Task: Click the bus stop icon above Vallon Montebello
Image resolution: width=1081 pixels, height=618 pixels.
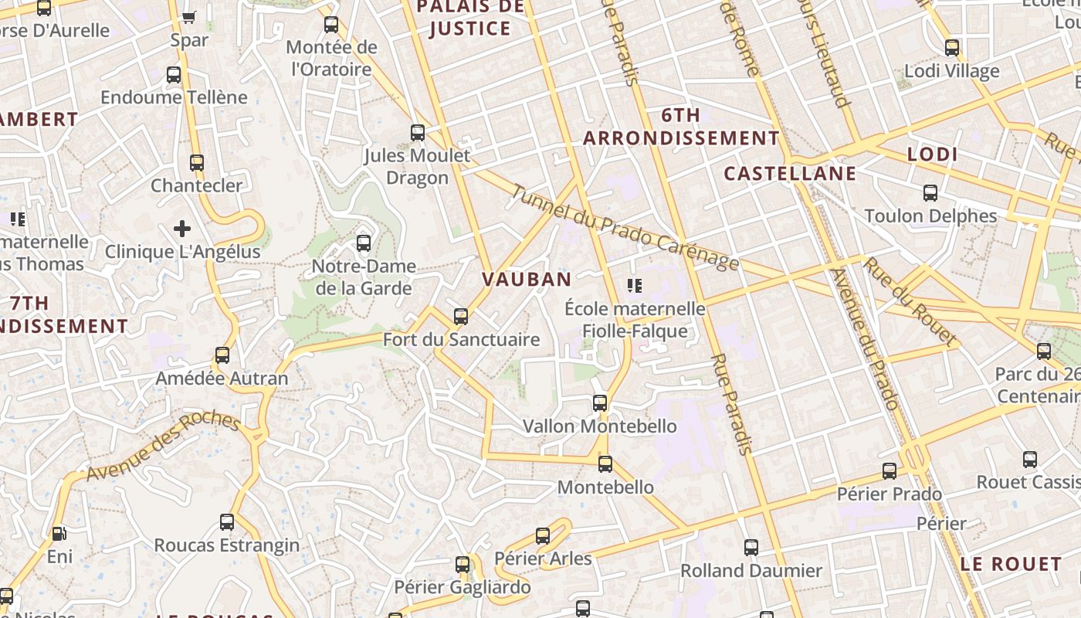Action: click(600, 402)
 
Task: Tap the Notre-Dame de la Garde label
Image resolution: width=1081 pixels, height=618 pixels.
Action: click(364, 277)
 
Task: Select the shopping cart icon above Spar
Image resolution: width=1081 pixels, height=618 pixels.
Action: click(188, 16)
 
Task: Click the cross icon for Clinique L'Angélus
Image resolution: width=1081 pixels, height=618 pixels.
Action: click(182, 228)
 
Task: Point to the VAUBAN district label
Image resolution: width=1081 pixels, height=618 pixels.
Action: click(527, 280)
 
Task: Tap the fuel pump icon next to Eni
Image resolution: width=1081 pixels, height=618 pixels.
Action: click(59, 533)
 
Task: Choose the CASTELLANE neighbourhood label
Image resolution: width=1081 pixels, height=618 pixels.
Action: click(790, 173)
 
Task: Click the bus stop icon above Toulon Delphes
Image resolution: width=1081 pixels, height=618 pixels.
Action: click(930, 192)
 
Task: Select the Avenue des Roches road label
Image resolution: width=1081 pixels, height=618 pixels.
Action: click(163, 447)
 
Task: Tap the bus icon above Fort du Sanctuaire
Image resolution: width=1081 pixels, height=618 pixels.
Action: click(461, 316)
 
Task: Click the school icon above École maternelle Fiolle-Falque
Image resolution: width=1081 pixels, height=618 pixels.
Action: click(635, 286)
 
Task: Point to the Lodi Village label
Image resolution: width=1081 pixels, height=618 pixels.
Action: click(951, 71)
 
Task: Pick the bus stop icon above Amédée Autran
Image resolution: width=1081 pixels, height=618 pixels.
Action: click(222, 355)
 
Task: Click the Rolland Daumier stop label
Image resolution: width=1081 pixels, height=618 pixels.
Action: click(751, 571)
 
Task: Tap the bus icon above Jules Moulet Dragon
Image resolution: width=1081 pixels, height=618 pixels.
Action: click(418, 132)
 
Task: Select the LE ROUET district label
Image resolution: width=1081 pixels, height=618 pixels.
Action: click(1010, 564)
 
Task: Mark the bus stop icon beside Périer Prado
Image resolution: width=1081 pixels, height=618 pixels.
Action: click(890, 470)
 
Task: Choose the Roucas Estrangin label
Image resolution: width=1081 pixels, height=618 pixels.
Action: click(227, 545)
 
